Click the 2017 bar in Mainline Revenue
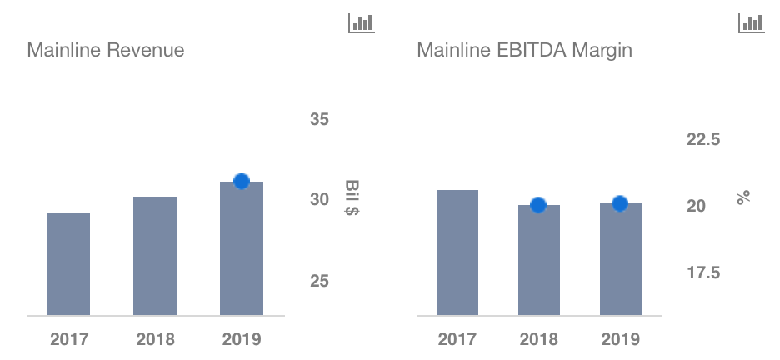pos(68,264)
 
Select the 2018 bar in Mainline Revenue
pos(155,256)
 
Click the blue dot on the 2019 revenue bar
pos(242,181)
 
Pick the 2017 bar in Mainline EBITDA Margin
pos(457,252)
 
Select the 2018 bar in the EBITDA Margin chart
pos(539,260)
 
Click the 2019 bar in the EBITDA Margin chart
pos(621,259)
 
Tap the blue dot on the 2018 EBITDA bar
pos(538,205)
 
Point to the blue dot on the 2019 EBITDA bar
pos(620,203)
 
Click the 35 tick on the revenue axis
pos(320,120)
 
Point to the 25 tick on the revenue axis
pos(320,281)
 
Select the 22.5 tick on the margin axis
pos(703,139)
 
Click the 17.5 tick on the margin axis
pos(703,272)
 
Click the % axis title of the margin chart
pos(743,197)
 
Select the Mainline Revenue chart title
pos(106,51)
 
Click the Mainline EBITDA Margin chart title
pos(524,51)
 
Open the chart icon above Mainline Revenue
pos(361,22)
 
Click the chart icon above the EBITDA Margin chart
pos(751,22)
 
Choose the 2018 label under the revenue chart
pos(155,339)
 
